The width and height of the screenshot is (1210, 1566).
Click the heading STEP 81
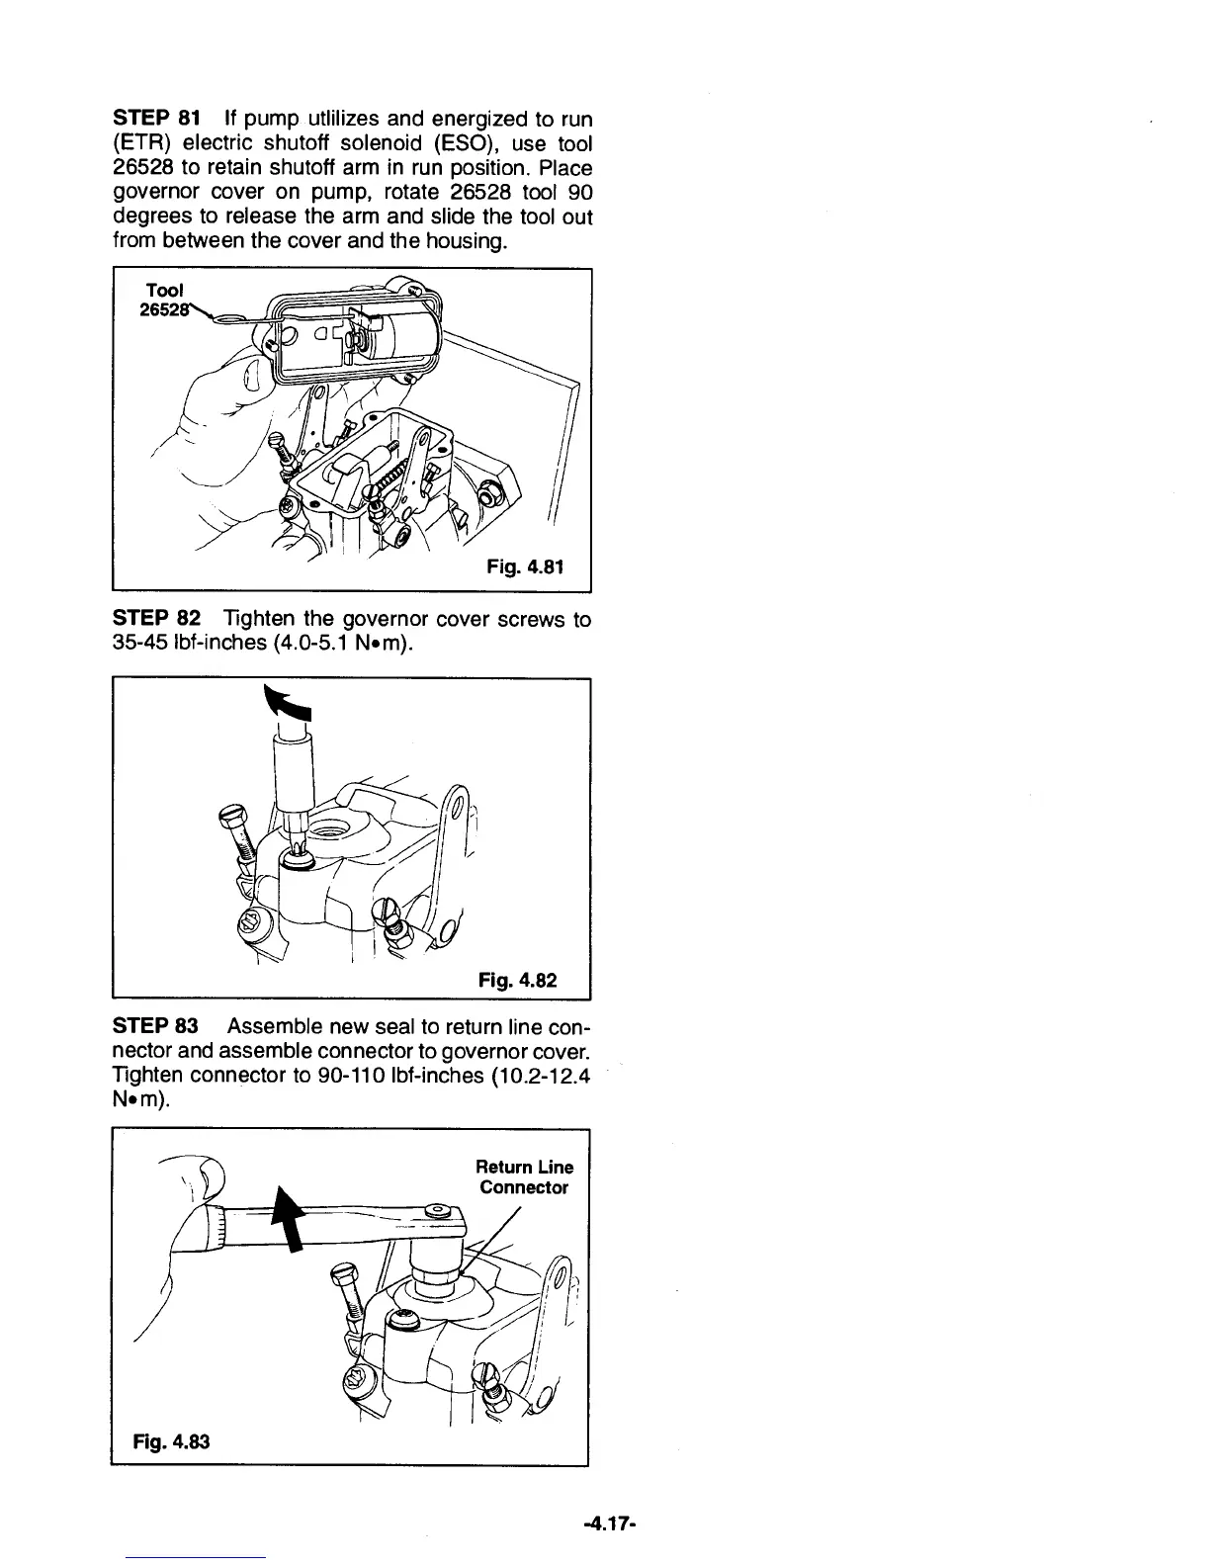[x=148, y=120]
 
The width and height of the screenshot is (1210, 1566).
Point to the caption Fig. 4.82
[x=517, y=980]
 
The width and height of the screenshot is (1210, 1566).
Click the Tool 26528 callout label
[x=164, y=300]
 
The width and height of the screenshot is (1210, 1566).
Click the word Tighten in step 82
[x=260, y=619]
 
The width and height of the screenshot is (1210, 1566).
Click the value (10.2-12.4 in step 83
[x=540, y=1076]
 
